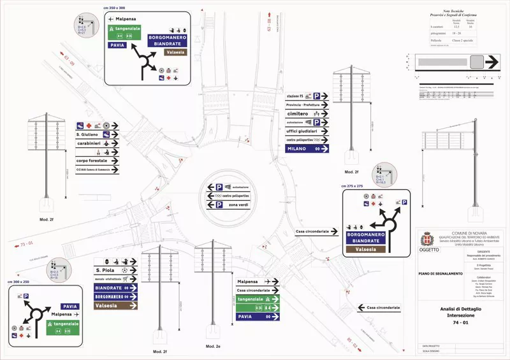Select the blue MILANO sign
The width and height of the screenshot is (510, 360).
[x=307, y=148]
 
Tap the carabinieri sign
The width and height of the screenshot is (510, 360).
[x=98, y=144]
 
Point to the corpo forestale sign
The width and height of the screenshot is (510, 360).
[x=98, y=161]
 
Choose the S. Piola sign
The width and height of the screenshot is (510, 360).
[x=115, y=270]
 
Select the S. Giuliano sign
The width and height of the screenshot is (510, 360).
[x=98, y=135]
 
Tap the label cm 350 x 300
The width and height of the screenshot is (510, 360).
[x=115, y=7]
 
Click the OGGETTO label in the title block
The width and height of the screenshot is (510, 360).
[x=429, y=250]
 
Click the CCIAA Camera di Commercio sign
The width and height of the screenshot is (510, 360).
[x=98, y=170]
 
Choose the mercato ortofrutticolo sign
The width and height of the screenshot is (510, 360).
[x=115, y=279]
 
